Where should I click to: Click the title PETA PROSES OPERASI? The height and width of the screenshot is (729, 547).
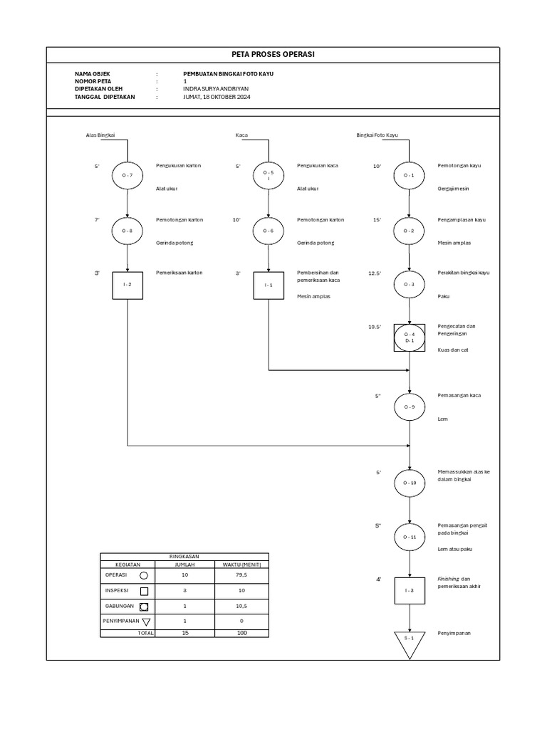tap(273, 55)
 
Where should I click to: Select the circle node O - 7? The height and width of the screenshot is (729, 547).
tap(127, 174)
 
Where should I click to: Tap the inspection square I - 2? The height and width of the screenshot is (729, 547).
tap(127, 285)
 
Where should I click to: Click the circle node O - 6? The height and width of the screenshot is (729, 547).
tap(269, 231)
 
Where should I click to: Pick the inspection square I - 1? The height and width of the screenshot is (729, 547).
tap(269, 285)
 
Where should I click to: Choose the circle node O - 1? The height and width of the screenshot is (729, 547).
tap(410, 174)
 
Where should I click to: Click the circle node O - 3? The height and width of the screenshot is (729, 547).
tap(410, 285)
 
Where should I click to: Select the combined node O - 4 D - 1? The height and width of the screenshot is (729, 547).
tap(410, 337)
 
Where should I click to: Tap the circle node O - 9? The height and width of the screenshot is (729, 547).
tap(410, 407)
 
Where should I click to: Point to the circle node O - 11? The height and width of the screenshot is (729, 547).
tap(410, 537)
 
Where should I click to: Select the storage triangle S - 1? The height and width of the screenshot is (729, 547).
tap(410, 641)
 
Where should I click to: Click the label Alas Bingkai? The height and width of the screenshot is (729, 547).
tap(100, 135)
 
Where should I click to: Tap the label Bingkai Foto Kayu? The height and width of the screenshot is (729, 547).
tap(377, 135)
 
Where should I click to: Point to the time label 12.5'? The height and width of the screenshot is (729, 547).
tap(375, 273)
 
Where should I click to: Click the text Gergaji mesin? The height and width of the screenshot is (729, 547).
tap(454, 189)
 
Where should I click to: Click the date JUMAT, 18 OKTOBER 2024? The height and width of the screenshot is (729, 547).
tap(217, 96)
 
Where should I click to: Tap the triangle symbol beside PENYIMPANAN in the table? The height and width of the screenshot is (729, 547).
tap(147, 622)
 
